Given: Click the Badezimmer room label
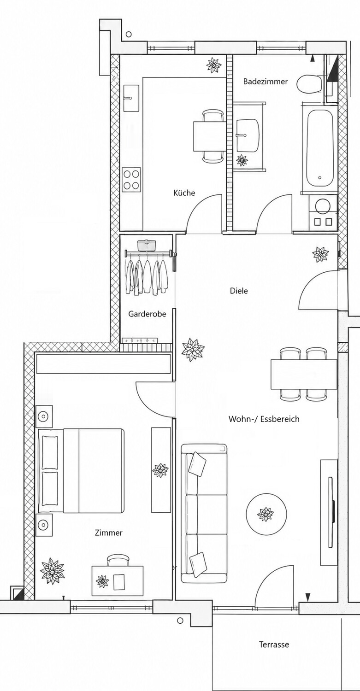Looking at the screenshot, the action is click(265, 82).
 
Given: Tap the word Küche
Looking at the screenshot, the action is click(184, 193).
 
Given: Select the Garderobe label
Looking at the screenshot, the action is click(147, 314).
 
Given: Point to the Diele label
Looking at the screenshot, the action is click(239, 291).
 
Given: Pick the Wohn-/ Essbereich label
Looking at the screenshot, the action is click(264, 419).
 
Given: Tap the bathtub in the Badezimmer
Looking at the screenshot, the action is click(319, 148).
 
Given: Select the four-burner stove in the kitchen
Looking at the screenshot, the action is click(131, 179).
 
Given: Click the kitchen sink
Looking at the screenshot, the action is click(132, 98).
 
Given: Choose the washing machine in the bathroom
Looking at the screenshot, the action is click(323, 212).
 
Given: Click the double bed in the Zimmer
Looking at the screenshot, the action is click(81, 470).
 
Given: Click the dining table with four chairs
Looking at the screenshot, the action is click(304, 374).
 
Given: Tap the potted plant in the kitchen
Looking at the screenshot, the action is click(214, 65).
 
